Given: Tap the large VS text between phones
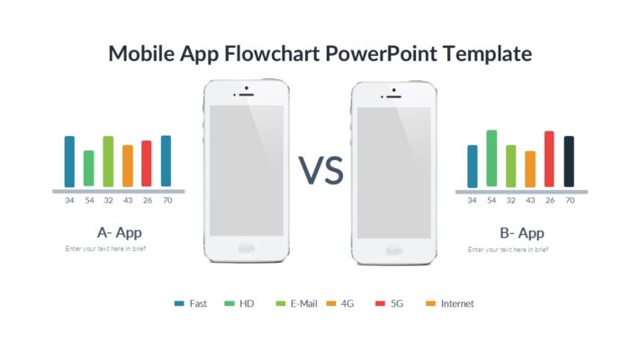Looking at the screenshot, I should [x=321, y=170].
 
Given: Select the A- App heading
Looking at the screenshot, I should [x=119, y=232].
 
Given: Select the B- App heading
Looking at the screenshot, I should [x=521, y=233].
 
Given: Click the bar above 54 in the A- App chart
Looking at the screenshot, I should [x=88, y=167].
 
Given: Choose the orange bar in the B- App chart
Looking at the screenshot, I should [x=530, y=168].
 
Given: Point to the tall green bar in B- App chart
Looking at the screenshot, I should [x=491, y=158].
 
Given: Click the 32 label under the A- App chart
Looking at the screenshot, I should [x=108, y=201].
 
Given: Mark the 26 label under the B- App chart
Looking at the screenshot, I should [x=549, y=201].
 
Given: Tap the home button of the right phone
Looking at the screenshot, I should [x=393, y=248].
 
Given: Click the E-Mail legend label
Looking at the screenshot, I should [x=305, y=303].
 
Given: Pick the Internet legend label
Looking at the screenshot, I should [x=457, y=303].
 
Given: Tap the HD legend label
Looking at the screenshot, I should [x=247, y=303].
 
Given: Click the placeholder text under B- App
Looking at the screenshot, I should [x=508, y=248].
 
